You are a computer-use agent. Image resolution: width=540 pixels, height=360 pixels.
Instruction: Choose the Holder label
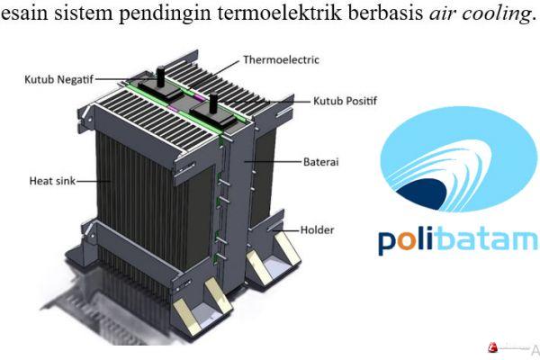tap(319, 229)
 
